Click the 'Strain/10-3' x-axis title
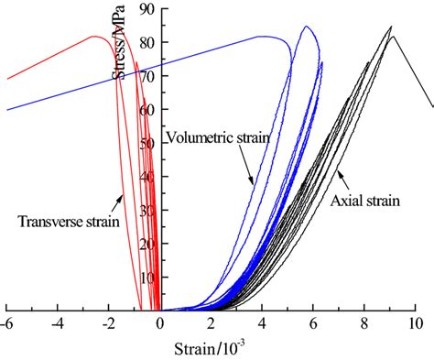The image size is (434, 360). click(212, 349)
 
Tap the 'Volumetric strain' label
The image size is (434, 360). click(218, 137)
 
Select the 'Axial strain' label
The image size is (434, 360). click(363, 200)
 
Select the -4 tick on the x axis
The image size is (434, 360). click(58, 323)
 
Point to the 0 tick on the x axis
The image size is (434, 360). click(159, 323)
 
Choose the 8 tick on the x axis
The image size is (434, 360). click(364, 323)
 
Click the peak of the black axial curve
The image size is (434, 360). click(390, 27)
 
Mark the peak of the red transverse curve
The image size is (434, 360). click(95, 37)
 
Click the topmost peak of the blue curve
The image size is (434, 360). click(306, 27)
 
